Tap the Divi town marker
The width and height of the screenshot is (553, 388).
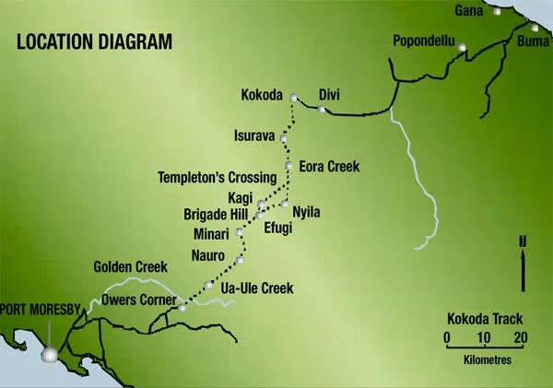(321, 110)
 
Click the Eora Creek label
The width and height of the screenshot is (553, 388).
(329, 167)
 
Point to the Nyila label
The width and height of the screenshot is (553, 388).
(306, 211)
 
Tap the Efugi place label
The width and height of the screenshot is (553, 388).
(277, 228)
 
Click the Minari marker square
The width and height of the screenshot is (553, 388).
(240, 232)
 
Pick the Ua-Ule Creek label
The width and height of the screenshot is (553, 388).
(258, 288)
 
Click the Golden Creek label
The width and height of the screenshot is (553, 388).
(130, 266)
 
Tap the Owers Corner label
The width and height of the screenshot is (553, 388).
(139, 299)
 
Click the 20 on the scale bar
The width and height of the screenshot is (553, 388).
(521, 337)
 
